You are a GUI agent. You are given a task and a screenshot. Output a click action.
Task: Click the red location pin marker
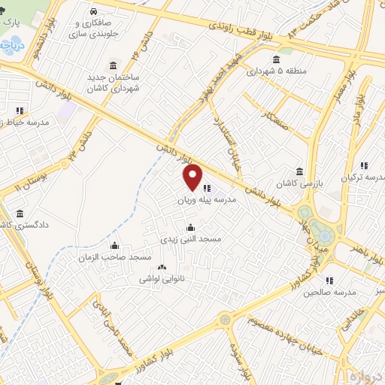click(192, 177)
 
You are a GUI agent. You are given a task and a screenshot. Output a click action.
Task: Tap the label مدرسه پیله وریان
click(207, 201)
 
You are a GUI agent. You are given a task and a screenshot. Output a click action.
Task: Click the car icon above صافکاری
click(92, 12)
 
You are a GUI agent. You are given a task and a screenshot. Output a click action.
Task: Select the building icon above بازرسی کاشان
click(300, 171)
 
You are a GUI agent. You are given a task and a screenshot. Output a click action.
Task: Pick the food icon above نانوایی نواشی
click(160, 266)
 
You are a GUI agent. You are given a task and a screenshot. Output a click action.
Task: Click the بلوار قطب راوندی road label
click(226, 29)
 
